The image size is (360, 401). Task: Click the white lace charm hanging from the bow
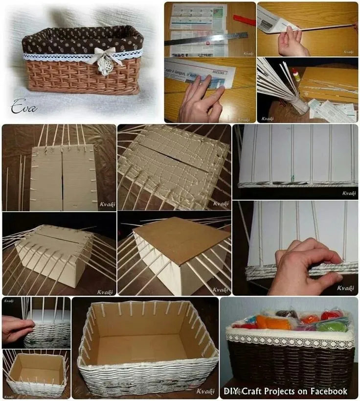104,67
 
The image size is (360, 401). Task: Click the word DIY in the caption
231,391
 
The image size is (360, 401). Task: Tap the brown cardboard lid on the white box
181,239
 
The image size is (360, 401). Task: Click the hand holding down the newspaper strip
201,100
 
